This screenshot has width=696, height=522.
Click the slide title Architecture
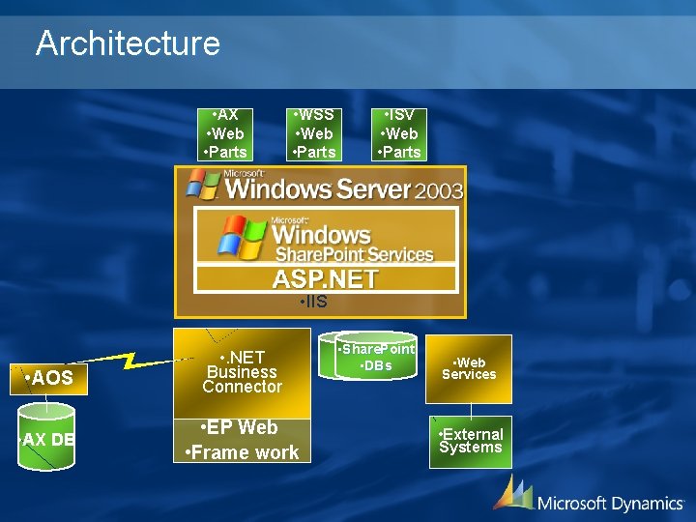coord(128,43)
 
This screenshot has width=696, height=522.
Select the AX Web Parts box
coord(225,133)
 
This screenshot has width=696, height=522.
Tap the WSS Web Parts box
coord(314,133)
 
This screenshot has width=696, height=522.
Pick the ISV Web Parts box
coord(399,133)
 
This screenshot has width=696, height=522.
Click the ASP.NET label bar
coord(326,279)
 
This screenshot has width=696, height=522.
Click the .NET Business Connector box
coord(242,372)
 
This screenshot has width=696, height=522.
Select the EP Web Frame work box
coord(242,441)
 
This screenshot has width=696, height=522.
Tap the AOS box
coord(49,378)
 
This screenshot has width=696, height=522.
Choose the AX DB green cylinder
coord(47,440)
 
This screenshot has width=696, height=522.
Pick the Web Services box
coord(469,368)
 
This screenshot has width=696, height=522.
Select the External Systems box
coord(470,441)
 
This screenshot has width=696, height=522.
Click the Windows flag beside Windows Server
coord(203,184)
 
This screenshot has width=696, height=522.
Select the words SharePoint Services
coord(354,254)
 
